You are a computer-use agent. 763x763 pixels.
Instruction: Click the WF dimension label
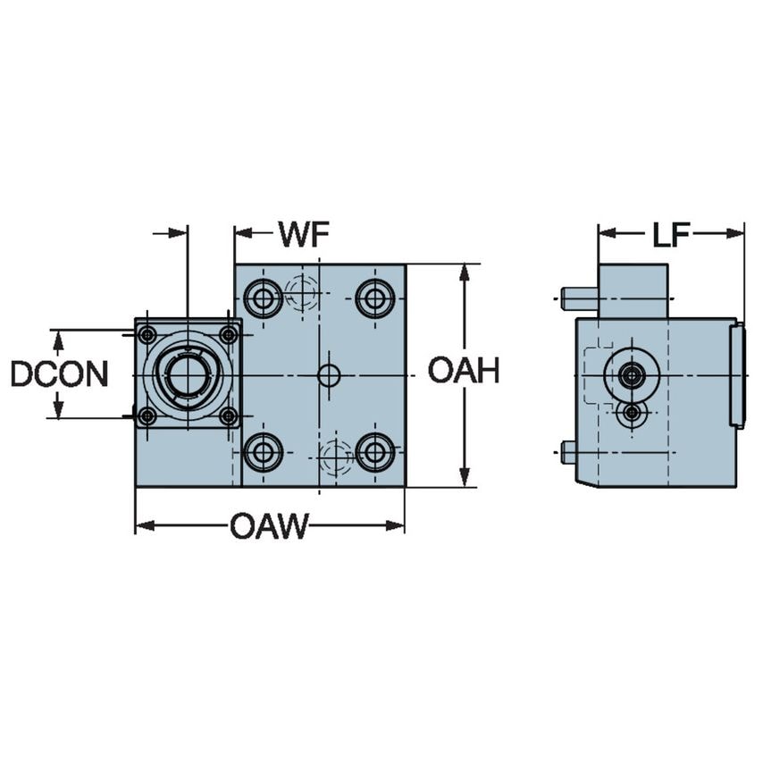pyautogui.click(x=304, y=234)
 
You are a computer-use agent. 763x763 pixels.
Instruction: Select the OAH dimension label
pyautogui.click(x=463, y=371)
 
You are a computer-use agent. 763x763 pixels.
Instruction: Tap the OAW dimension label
pyautogui.click(x=268, y=526)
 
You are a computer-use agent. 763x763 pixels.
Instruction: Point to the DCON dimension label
pyautogui.click(x=59, y=374)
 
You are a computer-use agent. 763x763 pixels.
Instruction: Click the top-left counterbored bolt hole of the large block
pyautogui.click(x=263, y=298)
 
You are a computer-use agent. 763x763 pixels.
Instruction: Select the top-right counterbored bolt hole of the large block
pyautogui.click(x=375, y=298)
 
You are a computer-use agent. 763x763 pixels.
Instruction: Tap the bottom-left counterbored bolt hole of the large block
pyautogui.click(x=263, y=452)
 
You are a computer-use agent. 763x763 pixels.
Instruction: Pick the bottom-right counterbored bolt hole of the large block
pyautogui.click(x=375, y=452)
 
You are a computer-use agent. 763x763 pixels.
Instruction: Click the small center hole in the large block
pyautogui.click(x=329, y=375)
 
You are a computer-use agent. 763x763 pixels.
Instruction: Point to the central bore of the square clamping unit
pyautogui.click(x=187, y=374)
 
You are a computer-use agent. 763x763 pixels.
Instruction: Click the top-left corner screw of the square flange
pyautogui.click(x=147, y=335)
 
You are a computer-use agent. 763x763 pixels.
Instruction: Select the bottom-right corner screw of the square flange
pyautogui.click(x=229, y=415)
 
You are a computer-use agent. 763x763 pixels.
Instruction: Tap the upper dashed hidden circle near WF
pyautogui.click(x=303, y=292)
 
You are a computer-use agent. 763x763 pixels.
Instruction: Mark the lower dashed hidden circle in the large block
pyautogui.click(x=336, y=457)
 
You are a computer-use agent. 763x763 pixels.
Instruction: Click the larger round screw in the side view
pyautogui.click(x=632, y=375)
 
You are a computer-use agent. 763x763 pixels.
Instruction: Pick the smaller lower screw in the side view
pyautogui.click(x=632, y=413)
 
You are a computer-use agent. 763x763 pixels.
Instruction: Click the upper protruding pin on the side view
pyautogui.click(x=579, y=298)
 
